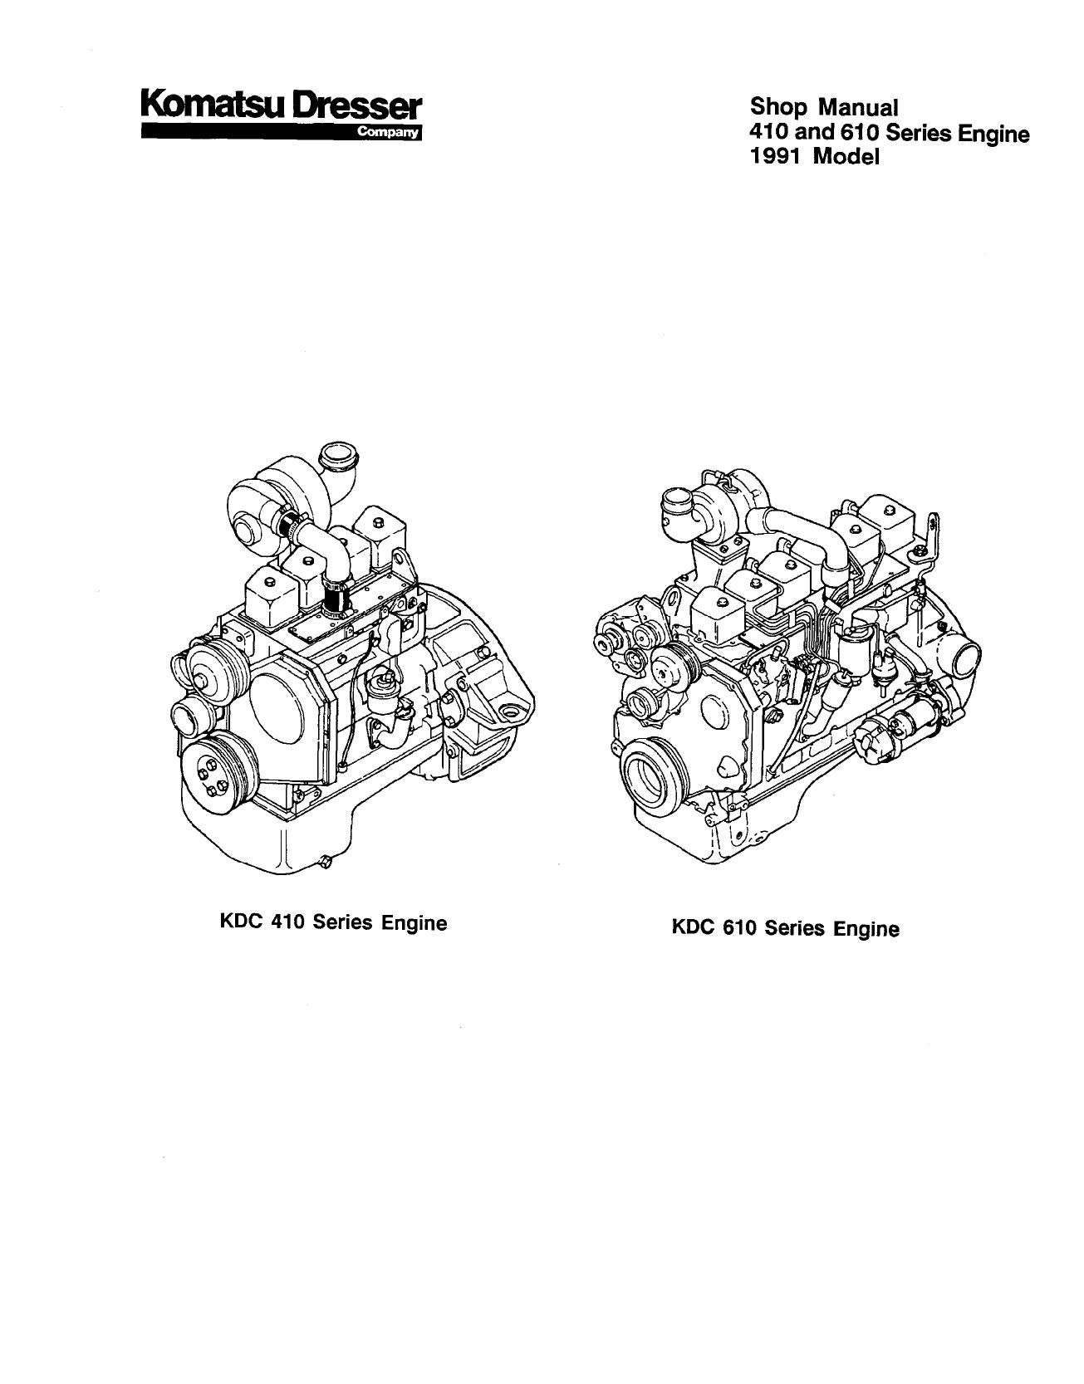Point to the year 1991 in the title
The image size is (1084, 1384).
point(777,156)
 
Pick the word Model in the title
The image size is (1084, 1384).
point(846,156)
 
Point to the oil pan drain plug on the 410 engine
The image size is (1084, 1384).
point(326,863)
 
